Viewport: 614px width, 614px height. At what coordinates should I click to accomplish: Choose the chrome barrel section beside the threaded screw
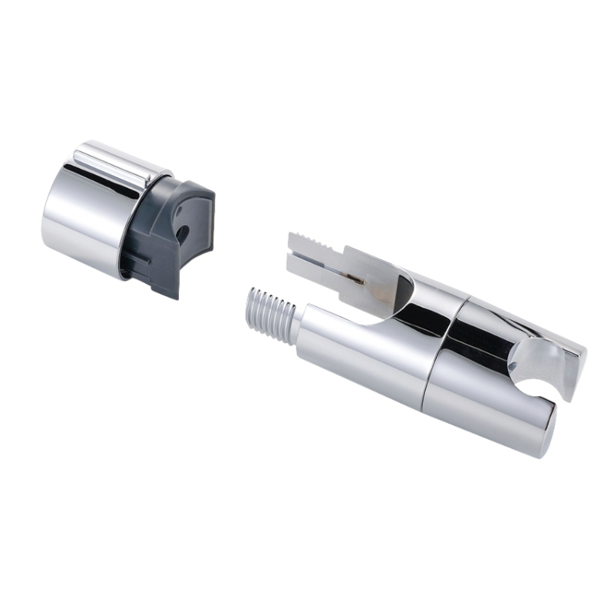(x=361, y=353)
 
